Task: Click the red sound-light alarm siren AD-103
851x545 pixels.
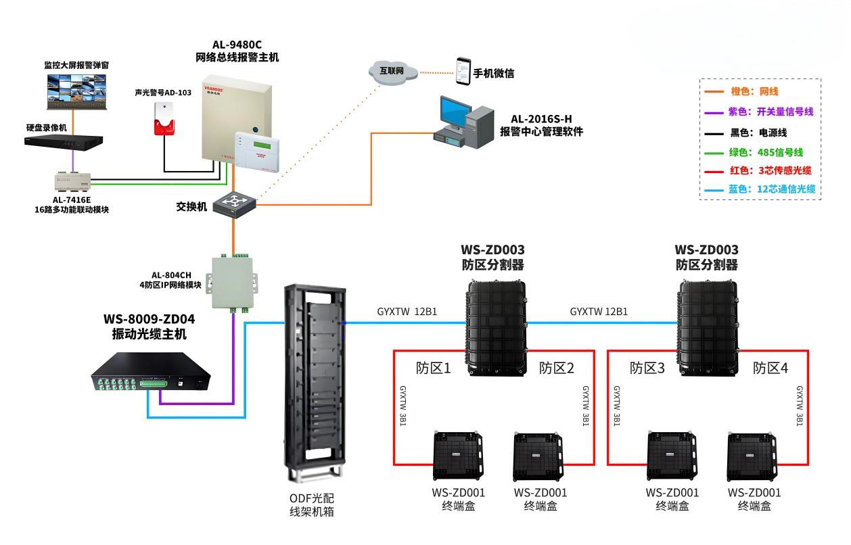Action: tap(161, 120)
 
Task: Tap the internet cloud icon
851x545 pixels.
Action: tap(392, 72)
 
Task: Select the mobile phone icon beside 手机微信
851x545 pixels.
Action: tap(462, 71)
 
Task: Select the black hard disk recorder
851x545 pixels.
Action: tap(64, 141)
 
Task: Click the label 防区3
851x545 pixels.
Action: tap(647, 369)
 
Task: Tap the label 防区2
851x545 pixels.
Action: tap(557, 369)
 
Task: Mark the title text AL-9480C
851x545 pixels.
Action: tap(237, 44)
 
